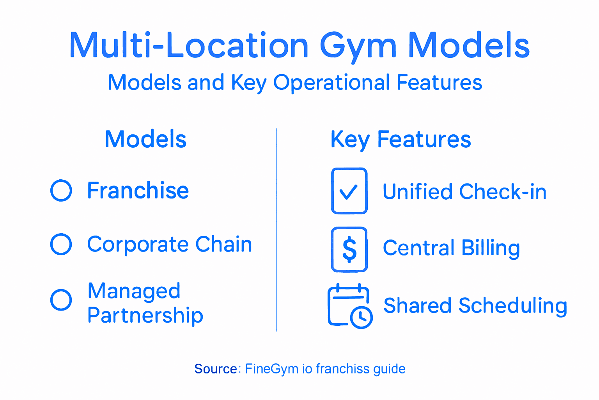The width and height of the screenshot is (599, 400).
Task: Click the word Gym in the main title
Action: pyautogui.click(x=358, y=46)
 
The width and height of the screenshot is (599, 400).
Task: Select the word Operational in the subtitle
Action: pyautogui.click(x=331, y=82)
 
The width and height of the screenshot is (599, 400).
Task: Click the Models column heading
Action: pyautogui.click(x=145, y=139)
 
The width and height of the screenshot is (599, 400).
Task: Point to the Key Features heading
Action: pyautogui.click(x=401, y=139)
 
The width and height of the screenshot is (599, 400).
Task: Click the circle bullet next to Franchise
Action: pyautogui.click(x=61, y=191)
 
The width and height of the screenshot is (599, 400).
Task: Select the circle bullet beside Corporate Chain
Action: pyautogui.click(x=61, y=245)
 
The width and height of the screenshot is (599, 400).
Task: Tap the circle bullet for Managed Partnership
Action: pyautogui.click(x=61, y=300)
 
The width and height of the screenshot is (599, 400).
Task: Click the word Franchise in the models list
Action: pyautogui.click(x=138, y=191)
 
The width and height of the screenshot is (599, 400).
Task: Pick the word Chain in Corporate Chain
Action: pyautogui.click(x=223, y=245)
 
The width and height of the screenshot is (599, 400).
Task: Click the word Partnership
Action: pyautogui.click(x=145, y=315)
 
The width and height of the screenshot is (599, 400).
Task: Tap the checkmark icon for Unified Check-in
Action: pyautogui.click(x=349, y=191)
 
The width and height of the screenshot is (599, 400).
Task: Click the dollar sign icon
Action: pyautogui.click(x=349, y=249)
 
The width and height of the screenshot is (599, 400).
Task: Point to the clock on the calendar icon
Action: pyautogui.click(x=362, y=317)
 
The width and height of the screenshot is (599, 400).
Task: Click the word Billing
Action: pyautogui.click(x=491, y=248)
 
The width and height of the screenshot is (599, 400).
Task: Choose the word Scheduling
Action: pyautogui.click(x=512, y=306)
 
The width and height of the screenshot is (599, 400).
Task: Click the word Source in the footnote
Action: pyautogui.click(x=216, y=369)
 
